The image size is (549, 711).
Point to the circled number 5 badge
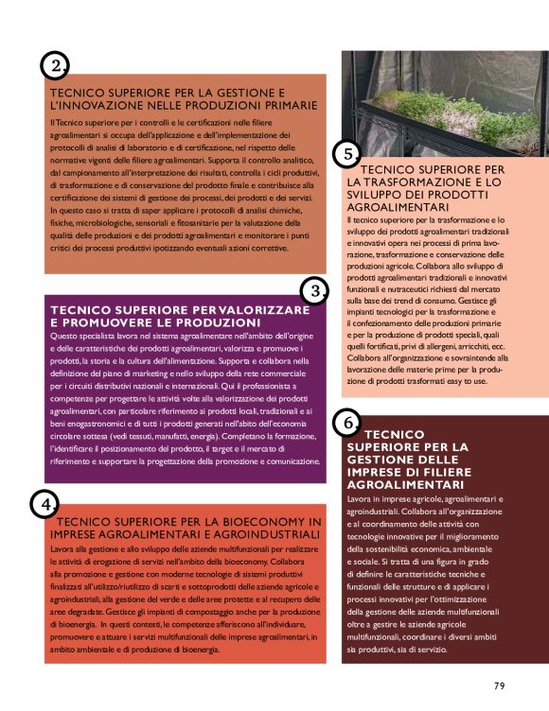pyautogui.click(x=347, y=153)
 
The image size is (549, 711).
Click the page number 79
pyautogui.click(x=500, y=685)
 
